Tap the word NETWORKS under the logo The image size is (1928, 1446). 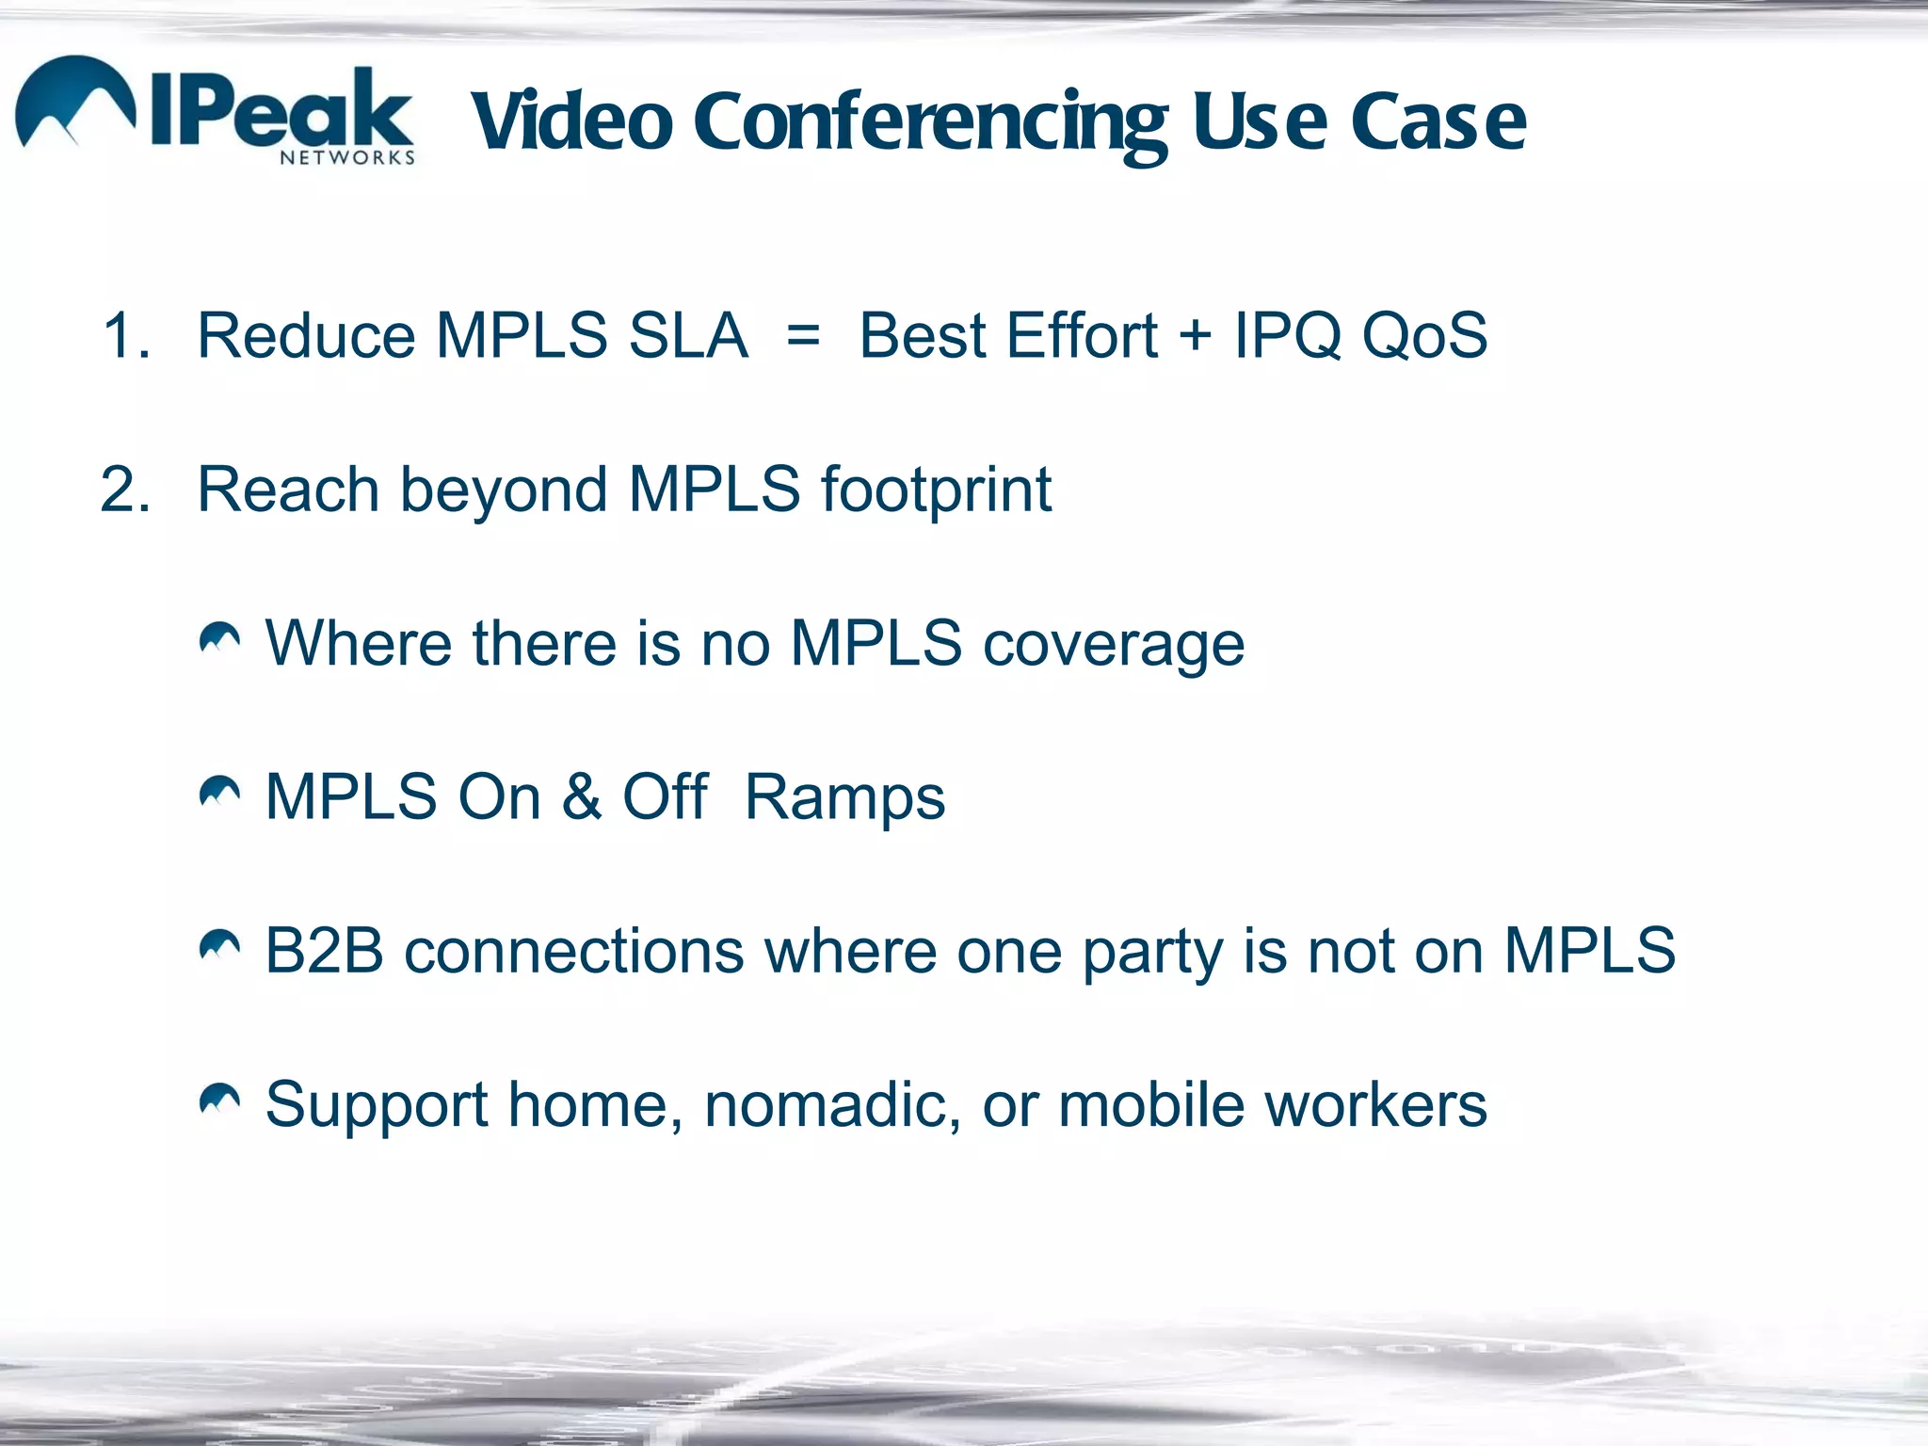[x=347, y=158]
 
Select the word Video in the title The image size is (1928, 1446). [x=571, y=122]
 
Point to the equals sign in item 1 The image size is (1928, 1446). [x=803, y=336]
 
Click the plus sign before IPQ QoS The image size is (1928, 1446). [x=1195, y=334]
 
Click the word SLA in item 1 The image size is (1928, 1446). [x=687, y=336]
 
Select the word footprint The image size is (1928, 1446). [x=936, y=490]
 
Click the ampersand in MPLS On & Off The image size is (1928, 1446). [x=582, y=797]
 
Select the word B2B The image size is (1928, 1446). [x=325, y=951]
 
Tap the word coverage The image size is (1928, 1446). [x=1114, y=646]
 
